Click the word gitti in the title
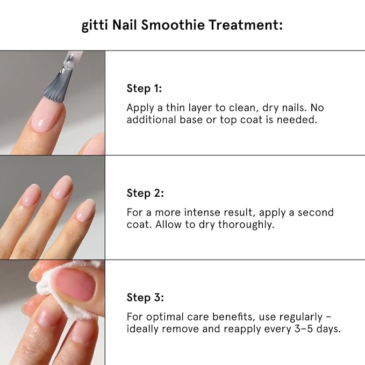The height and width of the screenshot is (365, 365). pos(95,25)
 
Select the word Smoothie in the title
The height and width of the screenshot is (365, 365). pos(173,25)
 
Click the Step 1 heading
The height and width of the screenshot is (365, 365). pos(144,89)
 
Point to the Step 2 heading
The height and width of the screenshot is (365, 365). pos(145,193)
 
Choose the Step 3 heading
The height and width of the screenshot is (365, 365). pos(145,297)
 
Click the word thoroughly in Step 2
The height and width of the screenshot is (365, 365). pos(246,225)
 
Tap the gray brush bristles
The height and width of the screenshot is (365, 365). pos(58,87)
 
